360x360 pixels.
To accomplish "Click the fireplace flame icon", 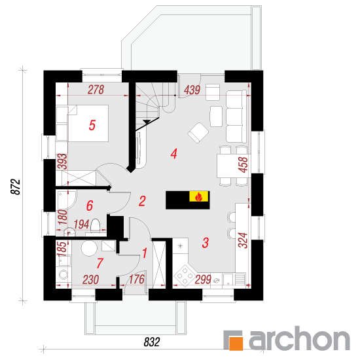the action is click(x=198, y=196).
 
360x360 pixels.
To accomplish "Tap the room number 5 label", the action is click(x=92, y=126).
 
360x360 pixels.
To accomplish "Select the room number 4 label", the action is click(x=174, y=154).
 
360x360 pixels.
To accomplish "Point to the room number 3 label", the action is click(x=206, y=243).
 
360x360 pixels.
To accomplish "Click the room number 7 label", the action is click(x=99, y=263).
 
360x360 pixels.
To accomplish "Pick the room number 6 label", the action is click(x=90, y=206).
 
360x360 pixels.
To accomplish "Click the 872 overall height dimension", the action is click(x=16, y=187).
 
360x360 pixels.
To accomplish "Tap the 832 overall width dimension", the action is click(x=152, y=342).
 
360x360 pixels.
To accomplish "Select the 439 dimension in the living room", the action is click(x=192, y=90).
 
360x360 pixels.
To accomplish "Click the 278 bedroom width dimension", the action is click(x=96, y=90).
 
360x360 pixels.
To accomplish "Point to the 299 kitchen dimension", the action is click(x=203, y=279).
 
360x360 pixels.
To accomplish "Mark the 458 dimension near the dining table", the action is click(x=243, y=164).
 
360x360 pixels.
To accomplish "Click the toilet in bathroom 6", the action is click(x=96, y=226).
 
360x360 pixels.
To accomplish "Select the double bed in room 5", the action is click(x=88, y=123).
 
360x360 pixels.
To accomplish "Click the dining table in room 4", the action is click(x=232, y=166).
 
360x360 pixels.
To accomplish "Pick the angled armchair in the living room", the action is click(x=198, y=133).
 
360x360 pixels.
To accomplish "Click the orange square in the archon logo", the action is click(x=236, y=344).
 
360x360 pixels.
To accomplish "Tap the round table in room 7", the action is click(x=89, y=248).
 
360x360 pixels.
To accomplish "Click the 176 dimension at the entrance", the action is click(x=137, y=279).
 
